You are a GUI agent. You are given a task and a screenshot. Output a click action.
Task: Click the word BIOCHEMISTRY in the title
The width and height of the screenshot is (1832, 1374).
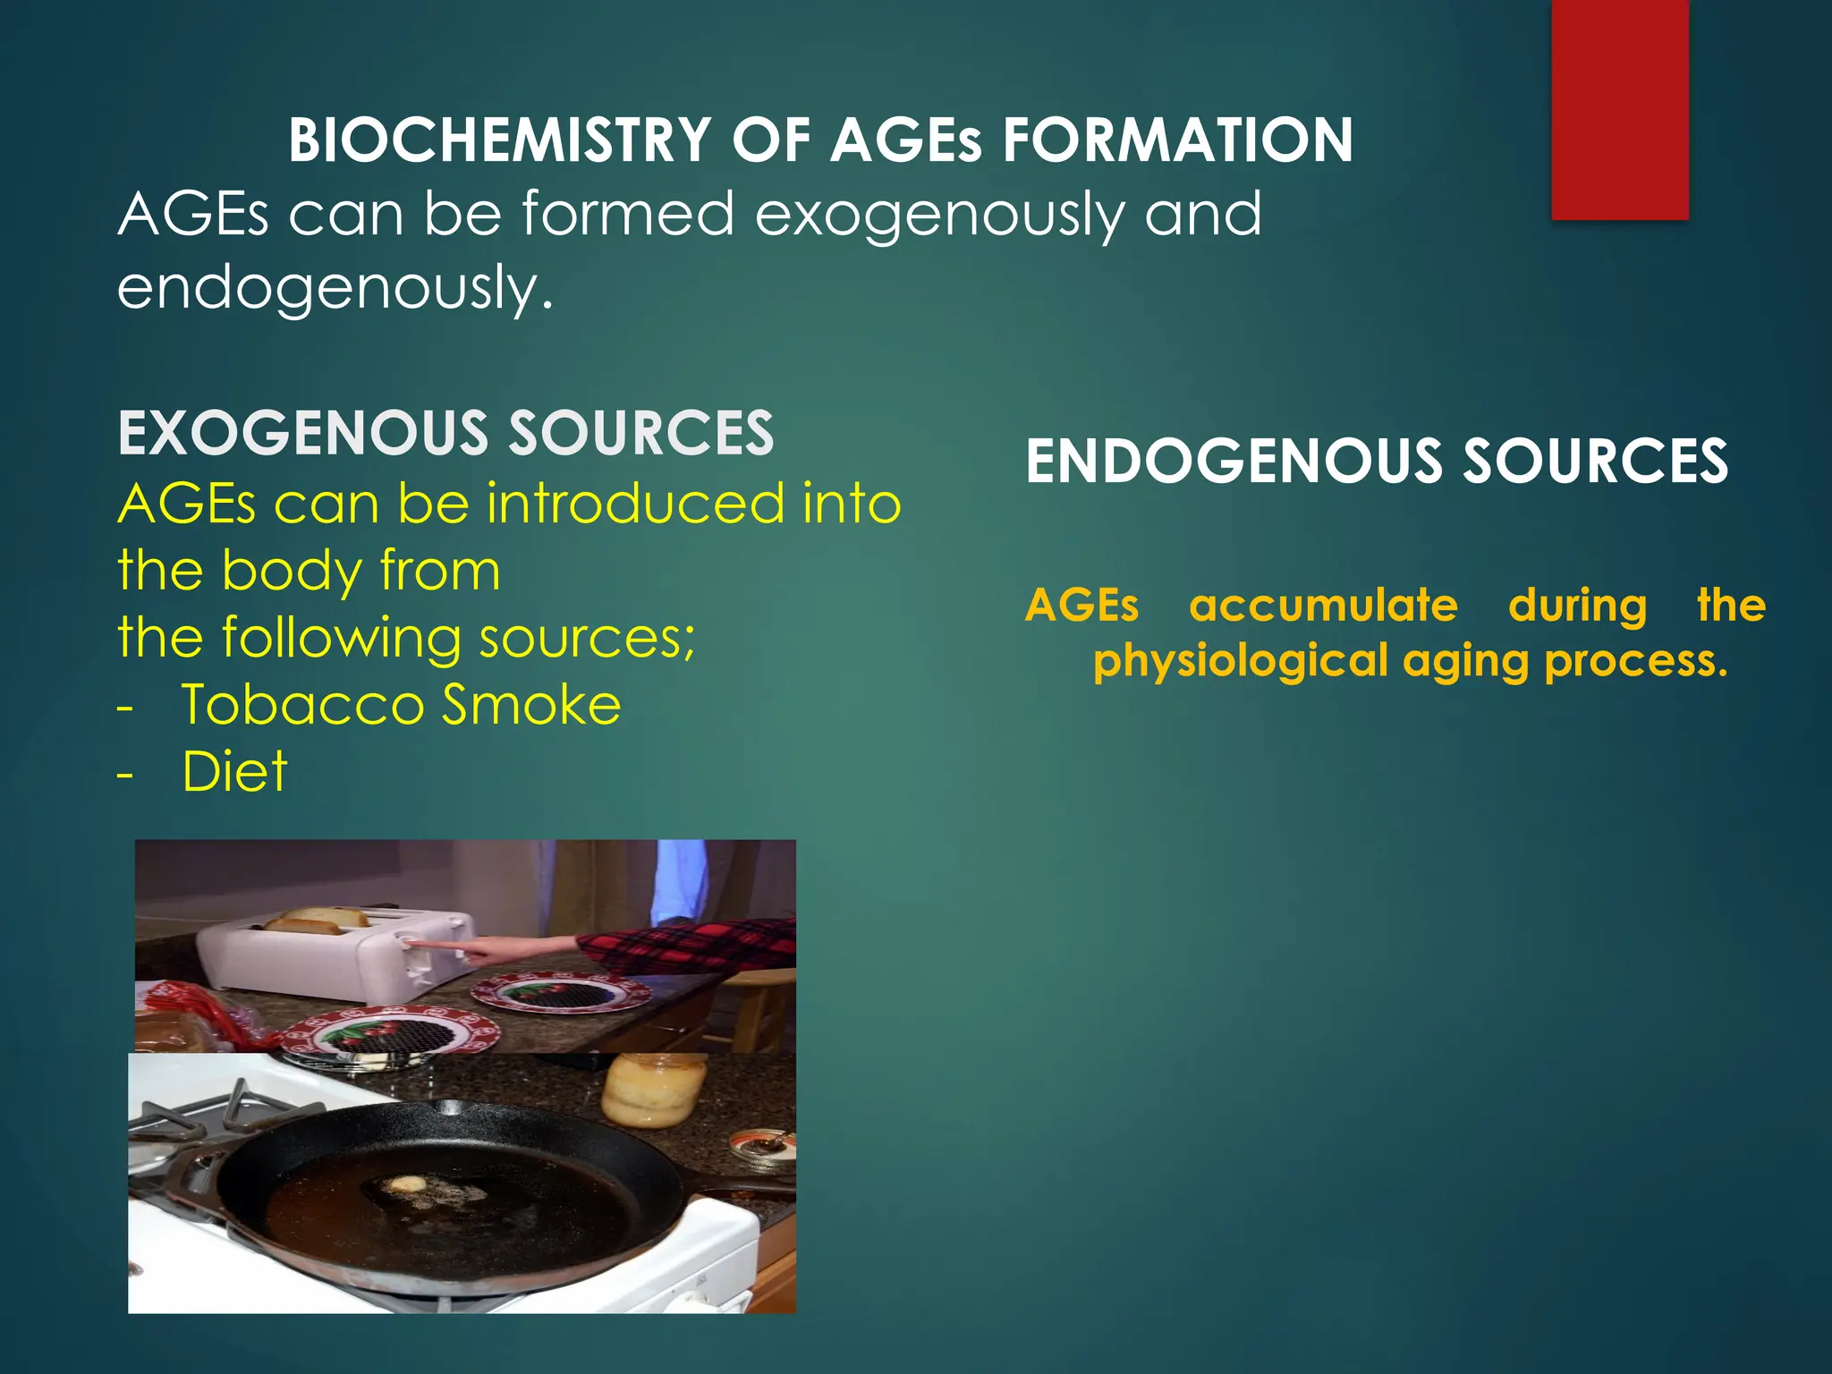(x=499, y=141)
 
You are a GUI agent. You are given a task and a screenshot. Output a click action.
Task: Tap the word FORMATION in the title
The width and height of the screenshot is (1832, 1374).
(x=1177, y=141)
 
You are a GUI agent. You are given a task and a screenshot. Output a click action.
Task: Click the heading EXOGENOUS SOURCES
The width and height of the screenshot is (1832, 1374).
(x=445, y=434)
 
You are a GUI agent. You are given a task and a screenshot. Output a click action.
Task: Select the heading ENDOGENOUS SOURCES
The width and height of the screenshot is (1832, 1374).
(x=1376, y=462)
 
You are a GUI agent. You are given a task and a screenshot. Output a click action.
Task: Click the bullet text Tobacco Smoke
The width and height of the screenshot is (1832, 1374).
(x=401, y=705)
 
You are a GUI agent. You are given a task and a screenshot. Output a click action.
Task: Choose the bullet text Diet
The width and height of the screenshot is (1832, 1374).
(x=234, y=771)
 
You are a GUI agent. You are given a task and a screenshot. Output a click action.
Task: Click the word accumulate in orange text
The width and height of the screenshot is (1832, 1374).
(x=1323, y=606)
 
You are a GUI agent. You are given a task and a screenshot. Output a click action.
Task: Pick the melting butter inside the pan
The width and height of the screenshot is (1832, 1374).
(x=406, y=1184)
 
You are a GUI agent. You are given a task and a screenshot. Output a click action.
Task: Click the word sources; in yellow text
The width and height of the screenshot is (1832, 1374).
(x=587, y=639)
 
